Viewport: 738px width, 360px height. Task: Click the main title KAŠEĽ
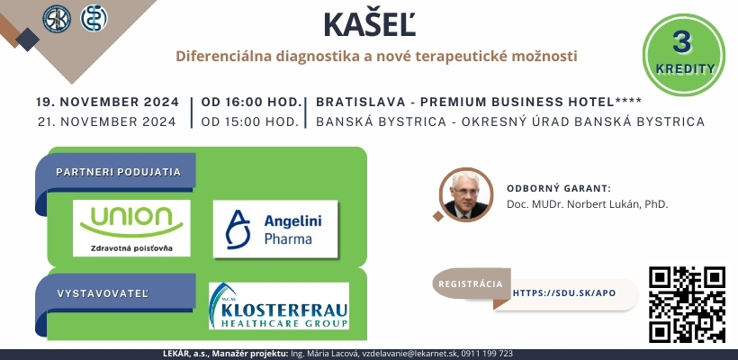[370, 24]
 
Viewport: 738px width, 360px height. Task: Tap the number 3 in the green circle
[682, 43]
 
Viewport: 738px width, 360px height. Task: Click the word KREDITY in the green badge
[685, 68]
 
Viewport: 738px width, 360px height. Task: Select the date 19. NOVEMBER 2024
[108, 102]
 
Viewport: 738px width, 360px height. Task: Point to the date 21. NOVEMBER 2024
[107, 121]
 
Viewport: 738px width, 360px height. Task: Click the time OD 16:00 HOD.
[251, 102]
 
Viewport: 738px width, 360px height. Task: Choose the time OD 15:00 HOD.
[250, 121]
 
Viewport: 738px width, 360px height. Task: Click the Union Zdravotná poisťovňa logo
[131, 229]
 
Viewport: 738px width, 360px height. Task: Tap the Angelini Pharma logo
[275, 229]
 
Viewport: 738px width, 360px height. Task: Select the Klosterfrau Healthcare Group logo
[279, 305]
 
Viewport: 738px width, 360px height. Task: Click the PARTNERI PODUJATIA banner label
[118, 172]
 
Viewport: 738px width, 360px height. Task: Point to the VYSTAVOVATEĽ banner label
[103, 293]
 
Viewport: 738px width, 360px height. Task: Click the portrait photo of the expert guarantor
[466, 194]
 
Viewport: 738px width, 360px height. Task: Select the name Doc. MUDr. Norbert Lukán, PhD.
[588, 204]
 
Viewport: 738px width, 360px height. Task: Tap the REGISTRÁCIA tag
[471, 284]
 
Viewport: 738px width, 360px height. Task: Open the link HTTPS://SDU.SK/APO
[564, 293]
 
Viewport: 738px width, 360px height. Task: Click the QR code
[687, 304]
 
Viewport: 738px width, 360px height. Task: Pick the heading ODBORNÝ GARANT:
[559, 189]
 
